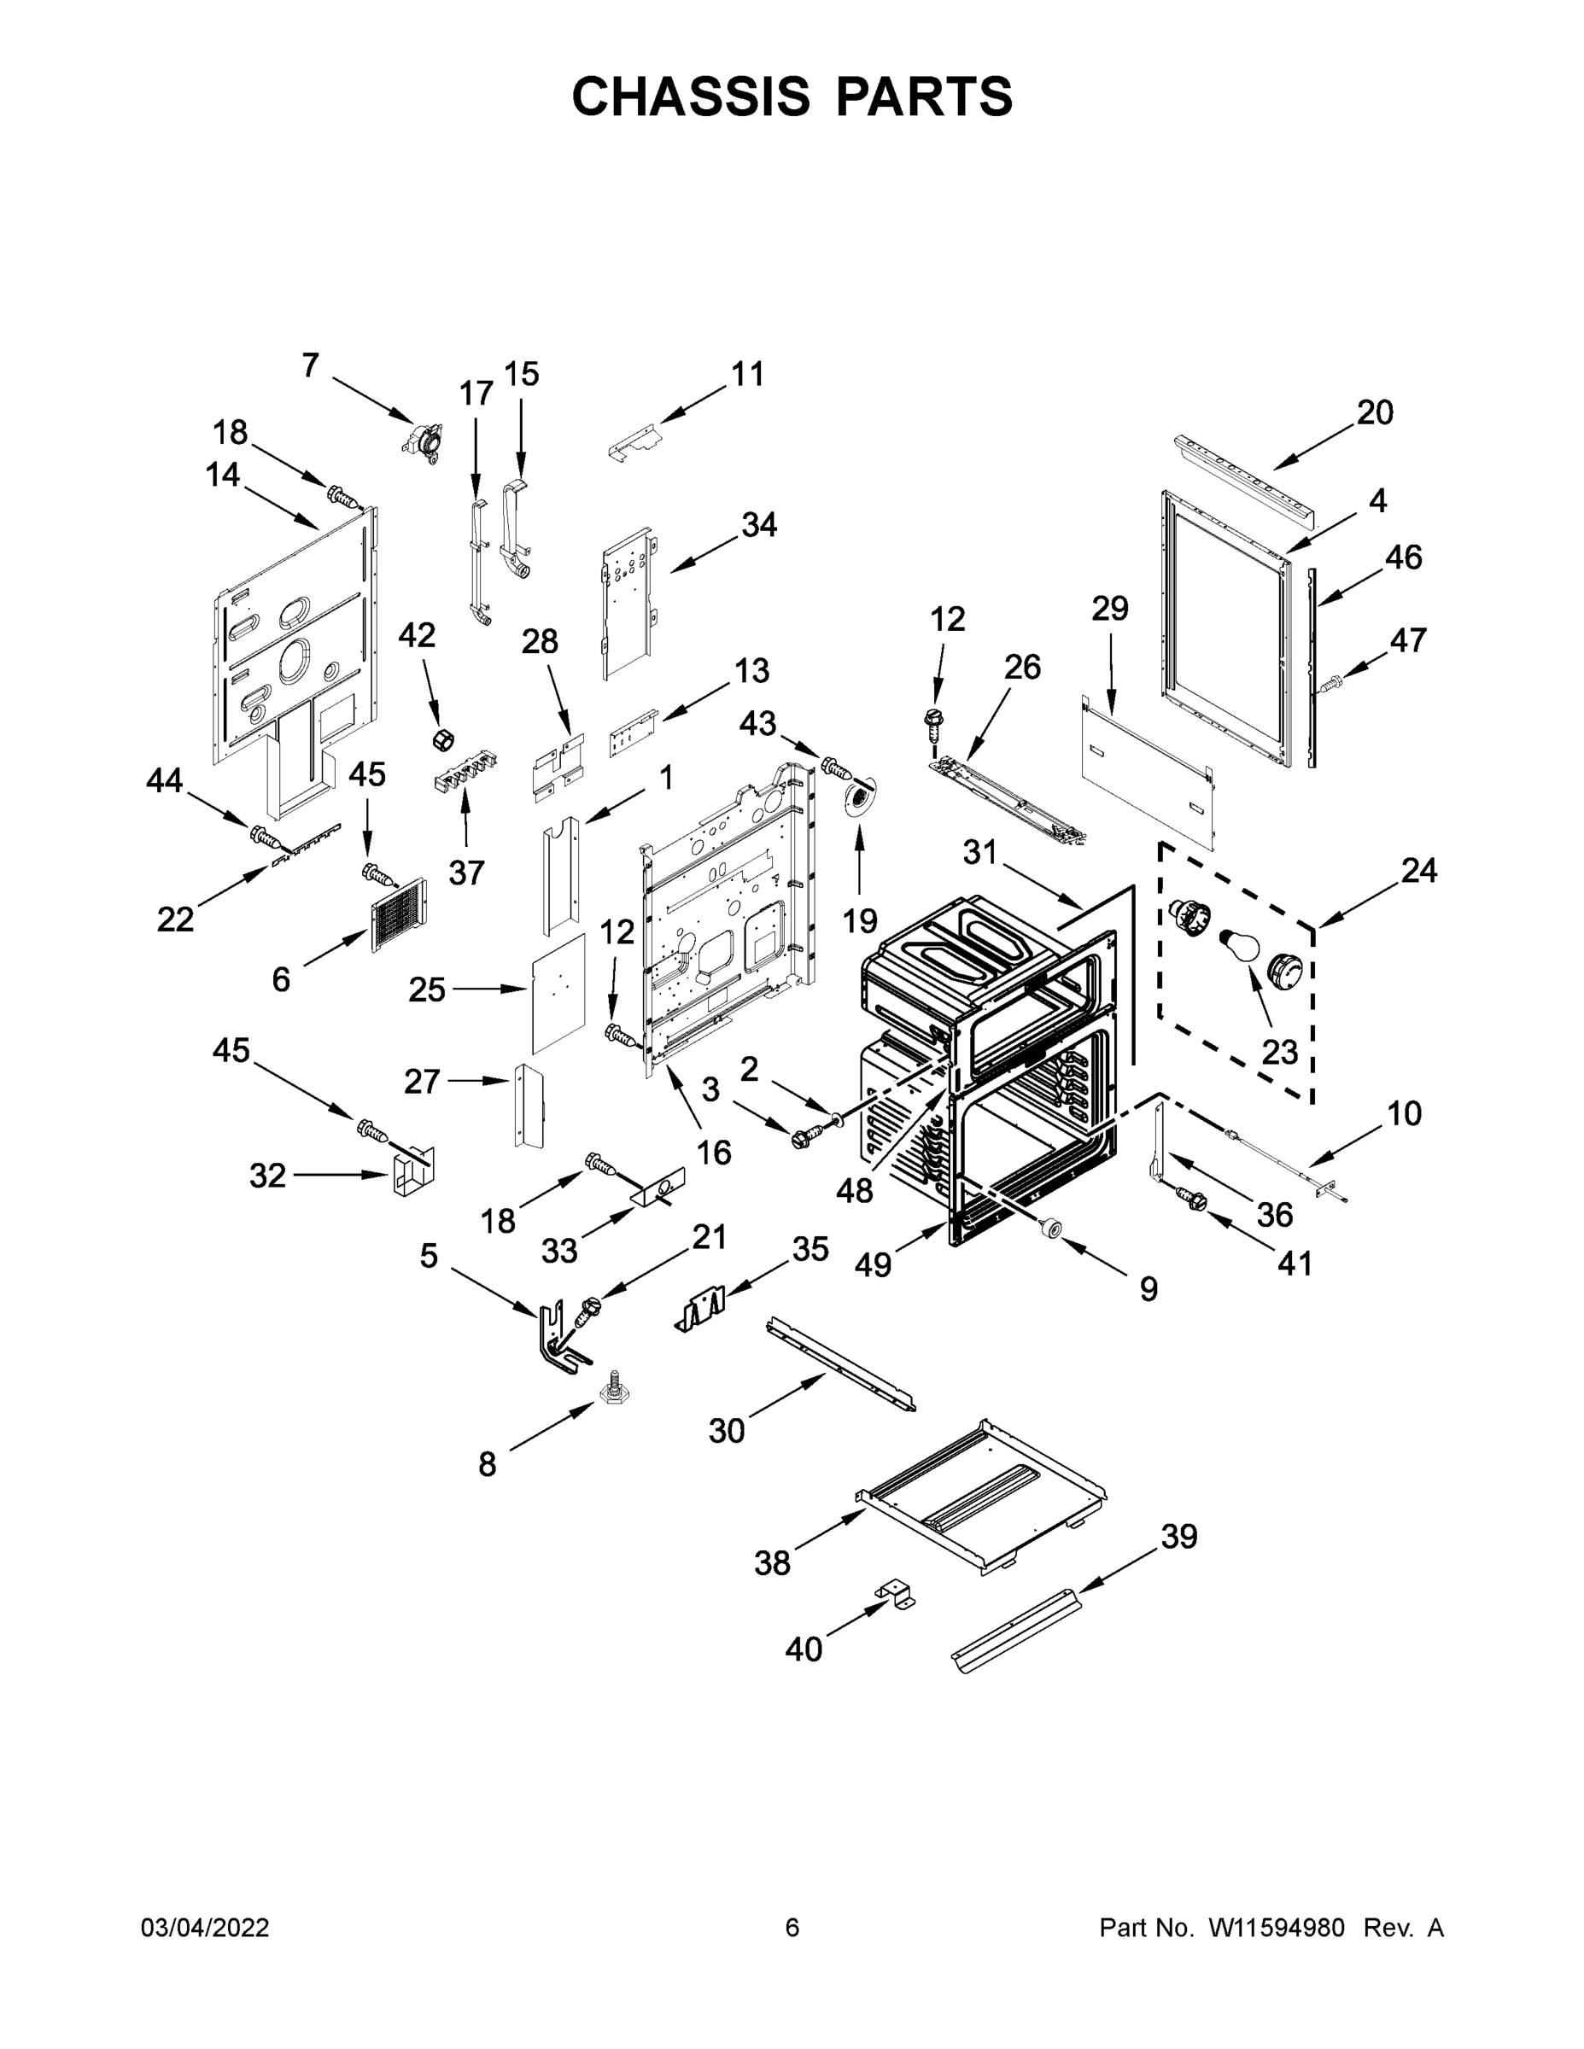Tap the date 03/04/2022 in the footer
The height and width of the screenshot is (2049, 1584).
pyautogui.click(x=205, y=1928)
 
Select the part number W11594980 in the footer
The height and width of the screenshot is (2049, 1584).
pyautogui.click(x=1277, y=1928)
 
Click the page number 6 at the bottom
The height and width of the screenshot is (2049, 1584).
pyautogui.click(x=792, y=1928)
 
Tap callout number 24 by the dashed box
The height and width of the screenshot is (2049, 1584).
pyautogui.click(x=1417, y=871)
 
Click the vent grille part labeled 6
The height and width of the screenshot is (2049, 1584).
pyautogui.click(x=398, y=914)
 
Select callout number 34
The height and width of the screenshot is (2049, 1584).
pyautogui.click(x=759, y=525)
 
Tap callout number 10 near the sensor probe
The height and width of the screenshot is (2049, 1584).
pyautogui.click(x=1404, y=1113)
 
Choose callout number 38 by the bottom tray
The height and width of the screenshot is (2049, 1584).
pyautogui.click(x=772, y=1563)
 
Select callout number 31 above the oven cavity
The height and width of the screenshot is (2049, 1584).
pyautogui.click(x=979, y=853)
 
